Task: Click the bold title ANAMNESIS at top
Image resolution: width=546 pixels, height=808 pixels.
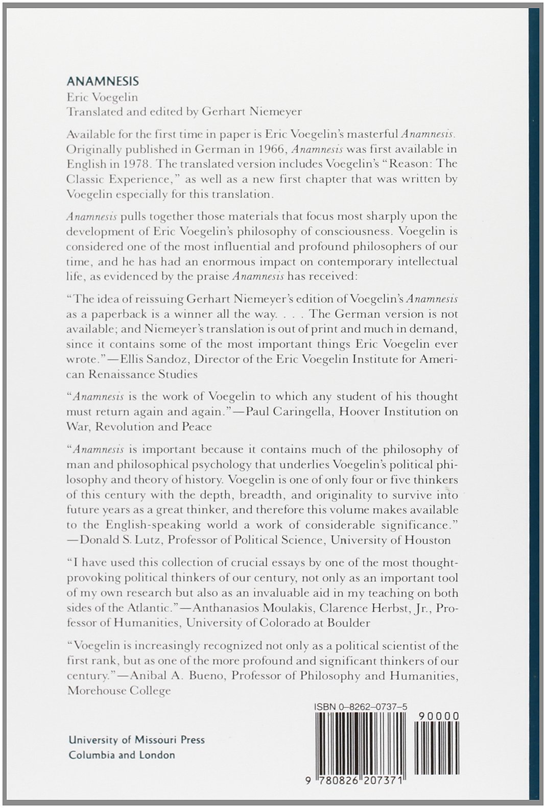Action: pyautogui.click(x=103, y=82)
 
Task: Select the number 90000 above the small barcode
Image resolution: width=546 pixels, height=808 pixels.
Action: pyautogui.click(x=438, y=716)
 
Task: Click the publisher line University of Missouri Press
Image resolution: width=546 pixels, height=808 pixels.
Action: pyautogui.click(x=136, y=740)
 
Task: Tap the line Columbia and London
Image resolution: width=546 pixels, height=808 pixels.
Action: pyautogui.click(x=122, y=754)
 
